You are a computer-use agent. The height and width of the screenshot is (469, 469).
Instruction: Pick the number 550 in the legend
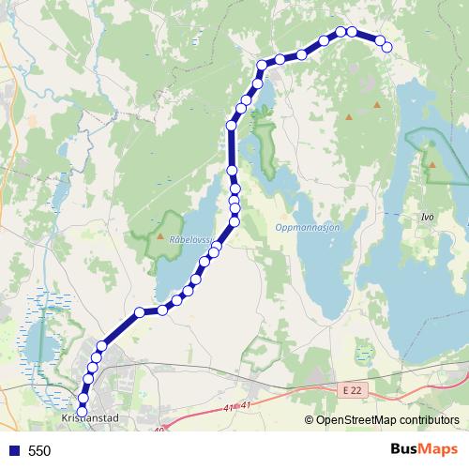(39, 451)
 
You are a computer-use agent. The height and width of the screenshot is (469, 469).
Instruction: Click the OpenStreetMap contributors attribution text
(387, 420)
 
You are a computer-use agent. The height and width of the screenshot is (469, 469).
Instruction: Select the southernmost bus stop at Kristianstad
(82, 411)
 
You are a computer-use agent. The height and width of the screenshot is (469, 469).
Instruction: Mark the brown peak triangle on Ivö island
(432, 165)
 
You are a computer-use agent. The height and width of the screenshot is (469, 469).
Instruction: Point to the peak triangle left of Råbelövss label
(160, 237)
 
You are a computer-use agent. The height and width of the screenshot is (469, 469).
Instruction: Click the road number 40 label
(159, 431)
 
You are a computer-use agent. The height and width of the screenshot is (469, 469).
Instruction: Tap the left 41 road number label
(230, 409)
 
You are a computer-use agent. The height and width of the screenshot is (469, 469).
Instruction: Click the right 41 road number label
(247, 405)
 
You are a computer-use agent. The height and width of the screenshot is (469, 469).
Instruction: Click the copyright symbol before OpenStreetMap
(309, 420)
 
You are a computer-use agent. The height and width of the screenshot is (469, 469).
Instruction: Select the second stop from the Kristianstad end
(83, 399)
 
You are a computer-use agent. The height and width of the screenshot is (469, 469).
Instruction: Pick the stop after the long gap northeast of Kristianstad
(140, 311)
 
